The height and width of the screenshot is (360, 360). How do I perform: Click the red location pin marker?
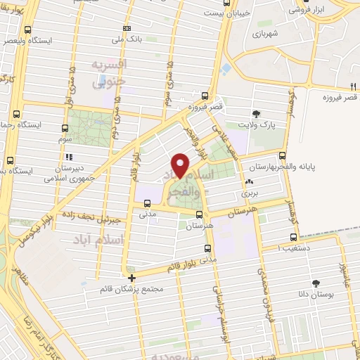(181, 165)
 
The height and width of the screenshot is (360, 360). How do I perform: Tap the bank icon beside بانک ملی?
(126, 28)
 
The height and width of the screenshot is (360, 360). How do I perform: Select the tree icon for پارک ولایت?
(257, 112)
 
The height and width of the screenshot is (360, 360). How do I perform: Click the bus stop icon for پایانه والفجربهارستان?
(282, 156)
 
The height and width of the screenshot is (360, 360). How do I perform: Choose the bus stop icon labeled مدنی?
(146, 204)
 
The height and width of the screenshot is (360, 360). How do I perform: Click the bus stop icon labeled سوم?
(65, 129)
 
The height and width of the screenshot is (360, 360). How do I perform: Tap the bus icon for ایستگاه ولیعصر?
(27, 30)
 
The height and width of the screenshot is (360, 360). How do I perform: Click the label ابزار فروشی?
(309, 11)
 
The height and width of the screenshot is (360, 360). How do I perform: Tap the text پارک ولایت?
(257, 124)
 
